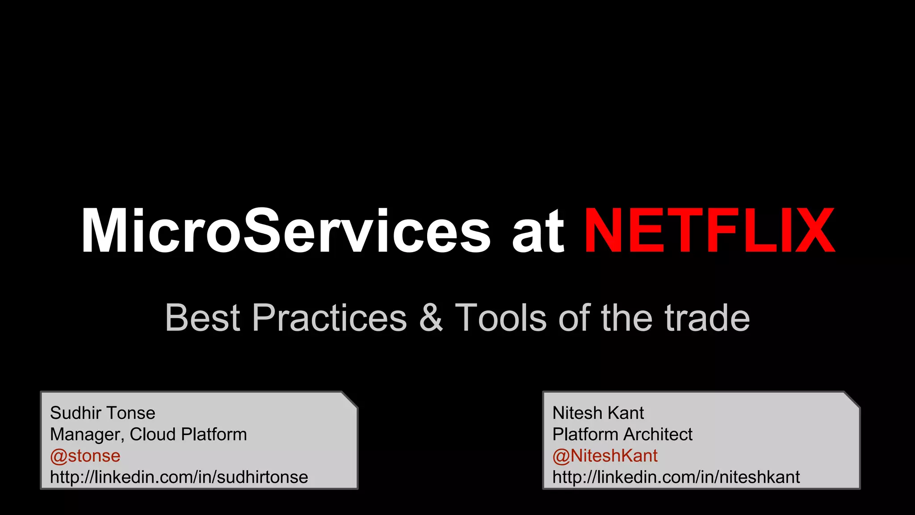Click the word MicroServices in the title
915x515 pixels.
click(286, 232)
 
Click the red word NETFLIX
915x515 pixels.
click(709, 232)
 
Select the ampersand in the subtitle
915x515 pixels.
click(431, 318)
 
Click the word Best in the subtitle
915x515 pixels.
click(203, 318)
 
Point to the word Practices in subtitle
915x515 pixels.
click(329, 318)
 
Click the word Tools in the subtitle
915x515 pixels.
click(500, 318)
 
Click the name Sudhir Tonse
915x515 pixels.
click(102, 413)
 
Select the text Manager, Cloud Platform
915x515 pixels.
click(148, 434)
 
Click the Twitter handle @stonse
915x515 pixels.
click(85, 456)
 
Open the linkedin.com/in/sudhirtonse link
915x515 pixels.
click(179, 477)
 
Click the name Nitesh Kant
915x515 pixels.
click(598, 413)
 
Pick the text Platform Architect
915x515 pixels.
click(622, 434)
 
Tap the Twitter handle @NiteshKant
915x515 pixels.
click(604, 456)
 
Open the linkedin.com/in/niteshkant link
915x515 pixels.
click(676, 477)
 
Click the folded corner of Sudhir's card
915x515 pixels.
click(351, 399)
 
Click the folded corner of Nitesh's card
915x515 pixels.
click(853, 399)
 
